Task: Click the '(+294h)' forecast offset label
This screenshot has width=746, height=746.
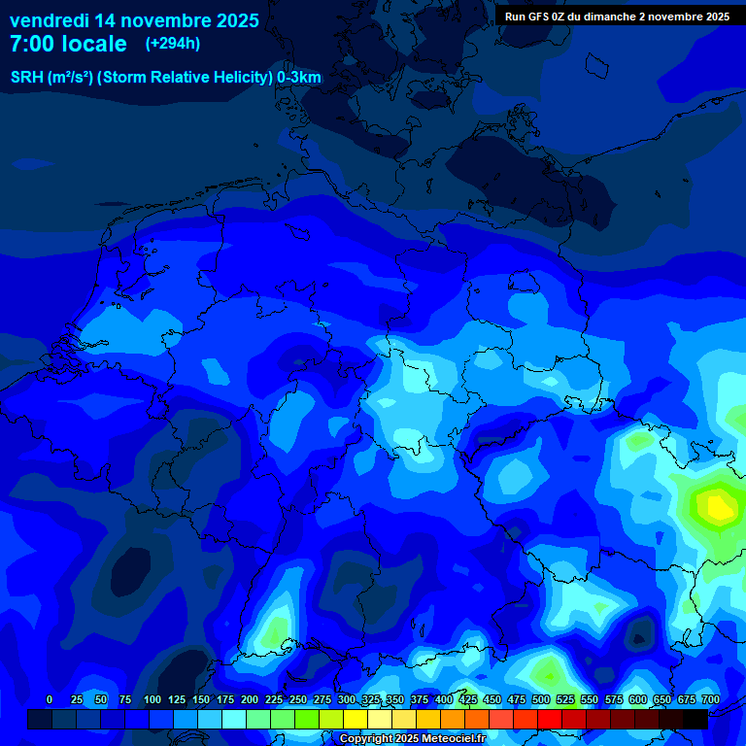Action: [x=173, y=44]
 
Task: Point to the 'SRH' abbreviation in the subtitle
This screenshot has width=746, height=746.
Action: [x=27, y=78]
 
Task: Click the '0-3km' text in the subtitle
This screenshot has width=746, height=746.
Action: [x=299, y=78]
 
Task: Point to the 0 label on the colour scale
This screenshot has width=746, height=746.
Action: [x=50, y=699]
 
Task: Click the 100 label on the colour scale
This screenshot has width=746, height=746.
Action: [x=153, y=699]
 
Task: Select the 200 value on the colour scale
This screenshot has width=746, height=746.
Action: [x=250, y=699]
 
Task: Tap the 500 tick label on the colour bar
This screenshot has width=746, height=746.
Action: [x=541, y=699]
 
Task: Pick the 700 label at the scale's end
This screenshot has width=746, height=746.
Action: [x=710, y=699]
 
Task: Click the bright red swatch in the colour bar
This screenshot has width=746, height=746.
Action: [x=550, y=719]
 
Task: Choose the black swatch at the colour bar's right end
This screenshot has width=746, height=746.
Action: [x=695, y=719]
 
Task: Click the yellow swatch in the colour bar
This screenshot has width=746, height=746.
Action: [x=356, y=719]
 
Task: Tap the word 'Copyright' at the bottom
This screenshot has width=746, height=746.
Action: [x=366, y=738]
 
